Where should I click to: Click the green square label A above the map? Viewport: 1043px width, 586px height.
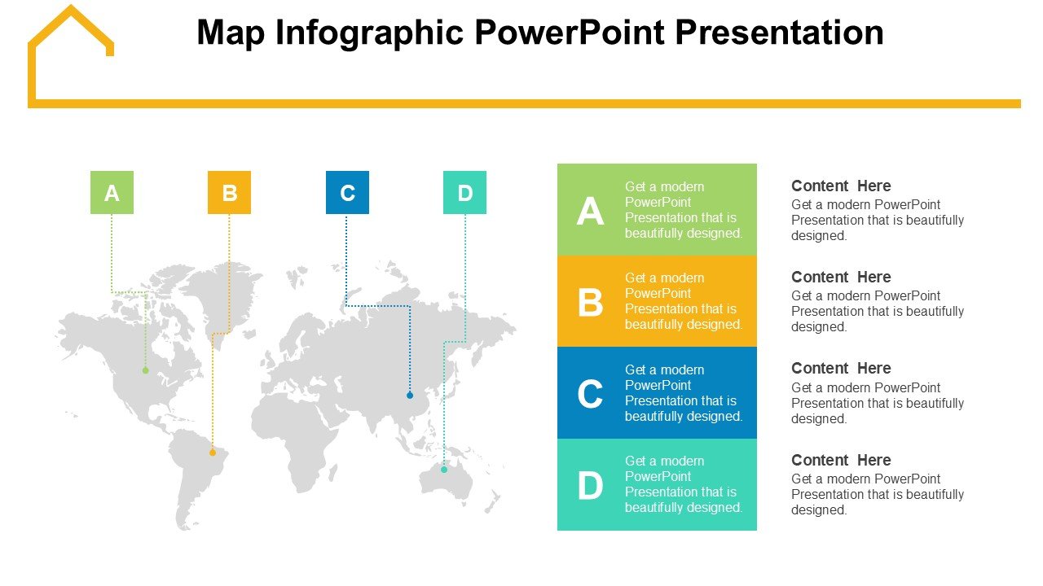(112, 192)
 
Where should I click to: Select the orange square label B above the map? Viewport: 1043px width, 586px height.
(229, 192)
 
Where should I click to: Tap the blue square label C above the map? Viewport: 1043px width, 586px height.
(347, 192)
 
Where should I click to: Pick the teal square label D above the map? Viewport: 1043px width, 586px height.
(464, 192)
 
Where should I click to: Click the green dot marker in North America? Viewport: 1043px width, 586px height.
(146, 370)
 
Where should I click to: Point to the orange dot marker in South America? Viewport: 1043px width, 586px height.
(213, 453)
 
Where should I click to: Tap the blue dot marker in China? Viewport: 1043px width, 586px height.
(410, 396)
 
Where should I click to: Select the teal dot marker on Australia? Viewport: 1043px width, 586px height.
(444, 470)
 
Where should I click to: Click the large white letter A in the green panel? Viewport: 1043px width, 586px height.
(590, 211)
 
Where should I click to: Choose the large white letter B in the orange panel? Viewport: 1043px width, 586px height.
(591, 302)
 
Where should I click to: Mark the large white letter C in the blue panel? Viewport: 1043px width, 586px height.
(590, 393)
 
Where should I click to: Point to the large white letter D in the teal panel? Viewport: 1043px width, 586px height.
(591, 485)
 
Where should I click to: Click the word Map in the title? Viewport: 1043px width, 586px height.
(231, 33)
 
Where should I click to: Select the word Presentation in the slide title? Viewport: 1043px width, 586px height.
(779, 33)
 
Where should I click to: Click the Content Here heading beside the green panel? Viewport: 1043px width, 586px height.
(841, 186)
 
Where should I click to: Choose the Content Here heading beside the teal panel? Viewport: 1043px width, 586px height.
(841, 460)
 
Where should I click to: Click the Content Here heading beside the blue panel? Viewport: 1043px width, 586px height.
(841, 369)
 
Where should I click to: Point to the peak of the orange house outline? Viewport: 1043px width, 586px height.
(71, 7)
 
